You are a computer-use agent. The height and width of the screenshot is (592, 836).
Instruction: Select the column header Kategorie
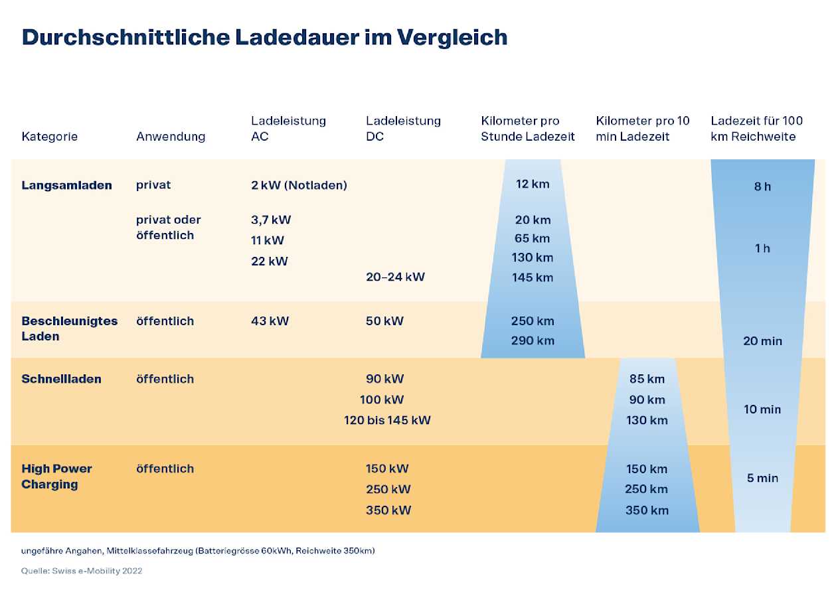tap(49, 137)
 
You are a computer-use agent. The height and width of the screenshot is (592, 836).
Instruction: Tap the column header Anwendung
tap(171, 137)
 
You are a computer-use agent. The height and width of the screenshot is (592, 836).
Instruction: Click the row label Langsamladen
tap(66, 185)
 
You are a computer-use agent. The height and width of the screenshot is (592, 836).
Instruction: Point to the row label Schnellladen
tap(61, 379)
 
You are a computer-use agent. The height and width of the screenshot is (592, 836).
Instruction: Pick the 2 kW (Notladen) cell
tap(299, 185)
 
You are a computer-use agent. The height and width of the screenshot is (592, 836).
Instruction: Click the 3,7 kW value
tap(271, 220)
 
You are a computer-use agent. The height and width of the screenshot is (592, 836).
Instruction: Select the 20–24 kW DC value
tap(395, 277)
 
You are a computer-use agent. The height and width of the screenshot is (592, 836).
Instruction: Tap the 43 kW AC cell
tap(270, 321)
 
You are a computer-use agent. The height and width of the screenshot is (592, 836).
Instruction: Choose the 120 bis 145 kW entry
tap(387, 420)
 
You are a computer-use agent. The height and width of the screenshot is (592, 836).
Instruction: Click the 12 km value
tap(533, 184)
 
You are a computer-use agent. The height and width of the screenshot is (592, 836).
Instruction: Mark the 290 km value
tap(533, 341)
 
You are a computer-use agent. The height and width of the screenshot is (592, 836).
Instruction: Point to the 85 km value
tap(647, 380)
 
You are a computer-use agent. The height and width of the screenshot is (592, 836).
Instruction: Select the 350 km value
tap(647, 510)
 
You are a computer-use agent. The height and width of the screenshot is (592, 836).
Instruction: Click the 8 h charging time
tap(762, 186)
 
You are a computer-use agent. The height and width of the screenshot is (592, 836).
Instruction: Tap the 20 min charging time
tap(762, 341)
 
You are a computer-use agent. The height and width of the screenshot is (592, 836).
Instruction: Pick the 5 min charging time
tap(762, 479)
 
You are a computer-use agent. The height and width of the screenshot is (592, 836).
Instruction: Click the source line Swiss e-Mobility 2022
tap(82, 571)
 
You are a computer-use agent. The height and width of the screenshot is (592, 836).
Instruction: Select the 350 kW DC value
tap(388, 510)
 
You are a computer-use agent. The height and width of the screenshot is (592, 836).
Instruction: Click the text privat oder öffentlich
tap(168, 228)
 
